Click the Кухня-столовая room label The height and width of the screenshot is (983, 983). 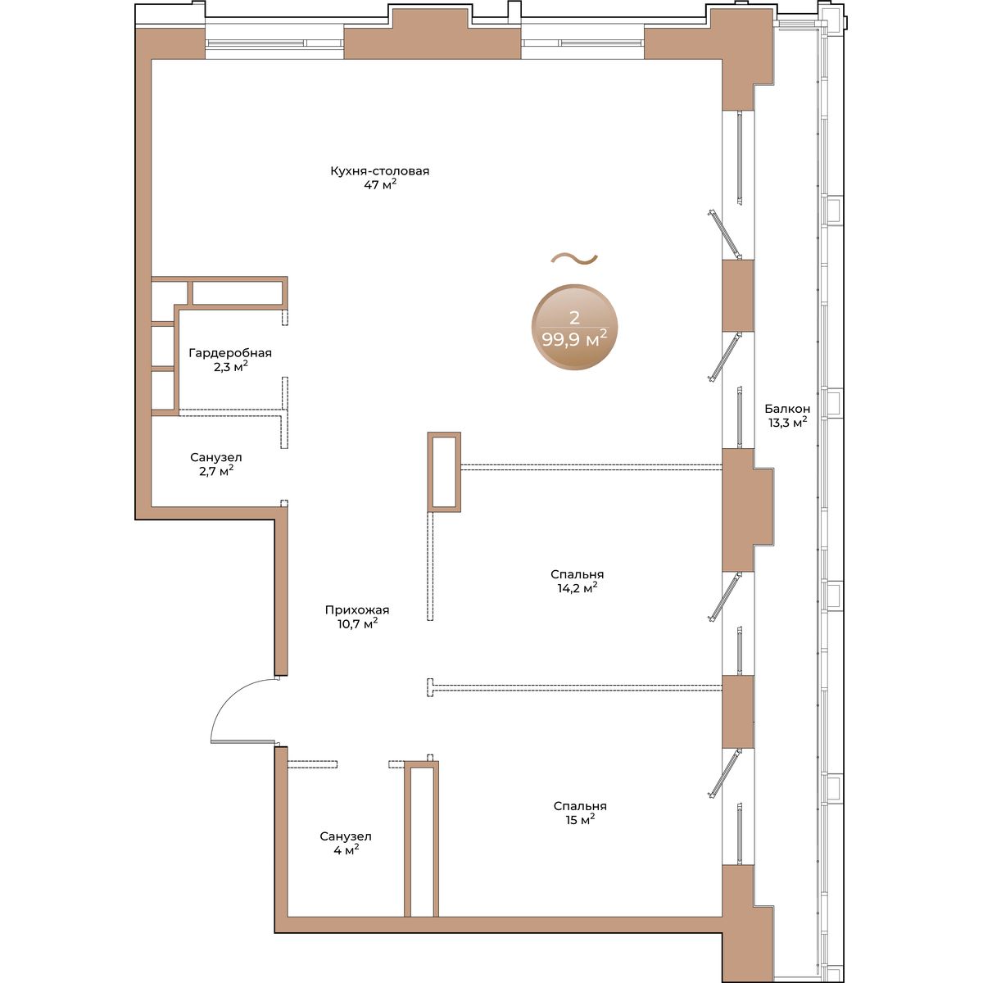379,171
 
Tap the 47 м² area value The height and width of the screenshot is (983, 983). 380,184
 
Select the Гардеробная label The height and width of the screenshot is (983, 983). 230,353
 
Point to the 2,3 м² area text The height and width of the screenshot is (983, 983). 231,366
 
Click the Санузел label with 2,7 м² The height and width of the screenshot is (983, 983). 216,457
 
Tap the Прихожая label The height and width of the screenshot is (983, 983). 357,609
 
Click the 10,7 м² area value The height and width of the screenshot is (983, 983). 358,623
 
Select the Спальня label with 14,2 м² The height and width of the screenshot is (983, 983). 577,574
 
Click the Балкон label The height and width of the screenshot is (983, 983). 787,409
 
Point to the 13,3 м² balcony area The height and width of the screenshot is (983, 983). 787,422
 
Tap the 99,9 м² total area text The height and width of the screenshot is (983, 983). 574,338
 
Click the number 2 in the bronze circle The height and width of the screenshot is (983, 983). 574,317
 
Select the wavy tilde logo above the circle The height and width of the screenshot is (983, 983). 574,259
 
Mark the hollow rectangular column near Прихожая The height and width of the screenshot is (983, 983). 444,472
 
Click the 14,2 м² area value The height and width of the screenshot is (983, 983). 577,587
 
